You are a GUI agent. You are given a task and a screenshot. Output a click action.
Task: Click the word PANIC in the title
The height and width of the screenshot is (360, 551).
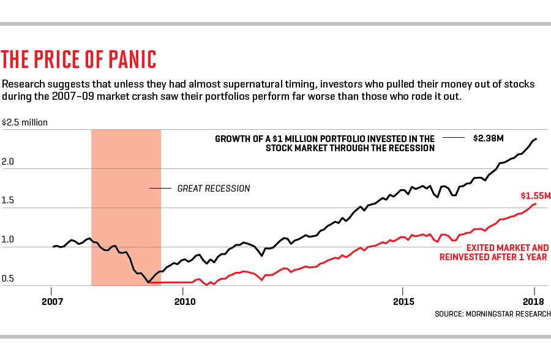(127, 59)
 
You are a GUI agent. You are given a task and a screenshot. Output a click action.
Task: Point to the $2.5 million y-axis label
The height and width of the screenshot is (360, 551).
(25, 122)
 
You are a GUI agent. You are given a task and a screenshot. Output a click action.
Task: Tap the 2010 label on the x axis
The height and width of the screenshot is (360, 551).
(184, 301)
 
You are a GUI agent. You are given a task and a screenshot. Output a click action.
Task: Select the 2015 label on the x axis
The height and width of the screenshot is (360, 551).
(403, 301)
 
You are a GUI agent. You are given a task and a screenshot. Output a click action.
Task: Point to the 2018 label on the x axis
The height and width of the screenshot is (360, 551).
(534, 301)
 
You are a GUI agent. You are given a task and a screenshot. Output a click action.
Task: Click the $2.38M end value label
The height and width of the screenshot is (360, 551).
(488, 139)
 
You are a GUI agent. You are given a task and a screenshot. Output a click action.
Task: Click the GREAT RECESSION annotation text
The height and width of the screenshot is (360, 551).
(214, 189)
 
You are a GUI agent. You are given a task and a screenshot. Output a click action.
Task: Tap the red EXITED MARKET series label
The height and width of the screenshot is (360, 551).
(494, 252)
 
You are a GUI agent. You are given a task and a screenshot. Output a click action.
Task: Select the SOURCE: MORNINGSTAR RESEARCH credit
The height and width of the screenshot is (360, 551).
(491, 314)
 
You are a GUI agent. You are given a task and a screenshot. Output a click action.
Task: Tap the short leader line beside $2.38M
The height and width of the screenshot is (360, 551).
(454, 139)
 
